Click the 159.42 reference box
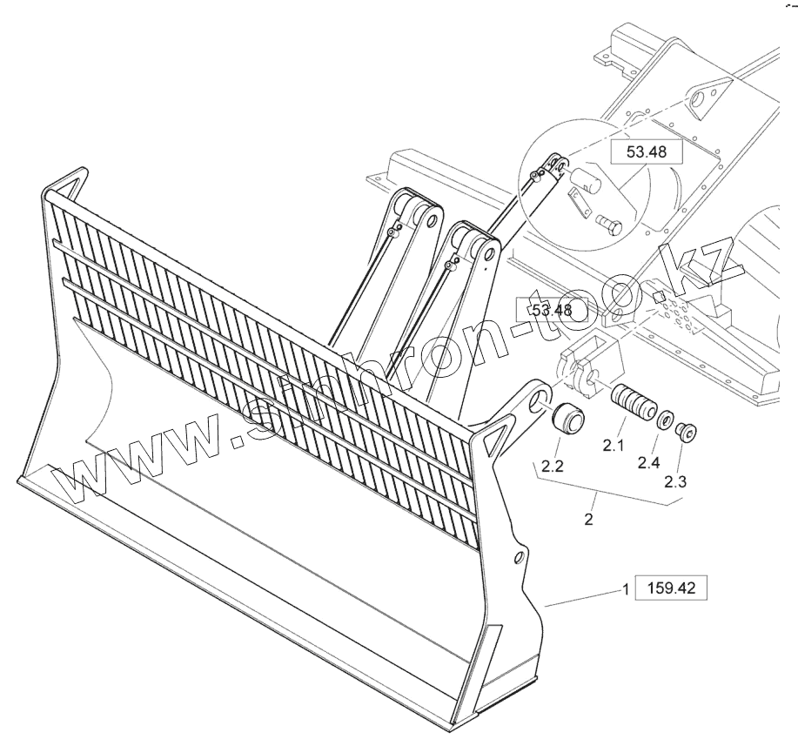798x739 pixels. [672, 588]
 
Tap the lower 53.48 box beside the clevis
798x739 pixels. [552, 310]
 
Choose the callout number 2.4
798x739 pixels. [647, 462]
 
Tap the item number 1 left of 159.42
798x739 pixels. [625, 589]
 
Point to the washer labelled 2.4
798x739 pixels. [667, 421]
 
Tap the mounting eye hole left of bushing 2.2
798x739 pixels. [540, 400]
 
